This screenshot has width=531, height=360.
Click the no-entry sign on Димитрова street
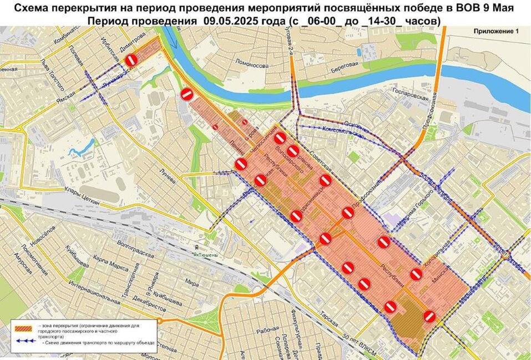pyautogui.click(x=131, y=60)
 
